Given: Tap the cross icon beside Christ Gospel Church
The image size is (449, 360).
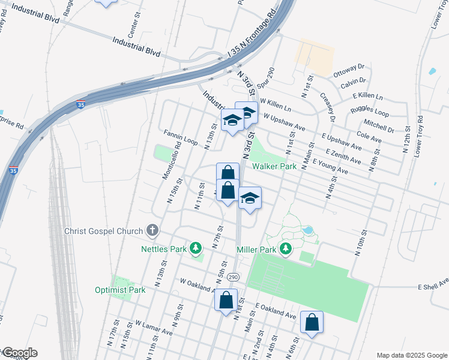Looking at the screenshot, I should pos(152,230).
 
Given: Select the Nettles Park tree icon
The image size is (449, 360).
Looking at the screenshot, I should pos(196,248).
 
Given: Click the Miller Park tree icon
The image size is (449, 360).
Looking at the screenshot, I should pos(286,249).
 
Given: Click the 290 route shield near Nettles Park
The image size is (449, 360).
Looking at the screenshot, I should pos(234,276).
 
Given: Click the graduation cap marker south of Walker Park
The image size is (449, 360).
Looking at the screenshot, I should pos(250,198).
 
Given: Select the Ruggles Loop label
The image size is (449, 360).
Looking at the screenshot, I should pos(370,112).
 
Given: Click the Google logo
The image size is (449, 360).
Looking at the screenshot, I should pos(19,353).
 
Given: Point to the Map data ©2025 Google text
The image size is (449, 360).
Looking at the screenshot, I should pos(411,355).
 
